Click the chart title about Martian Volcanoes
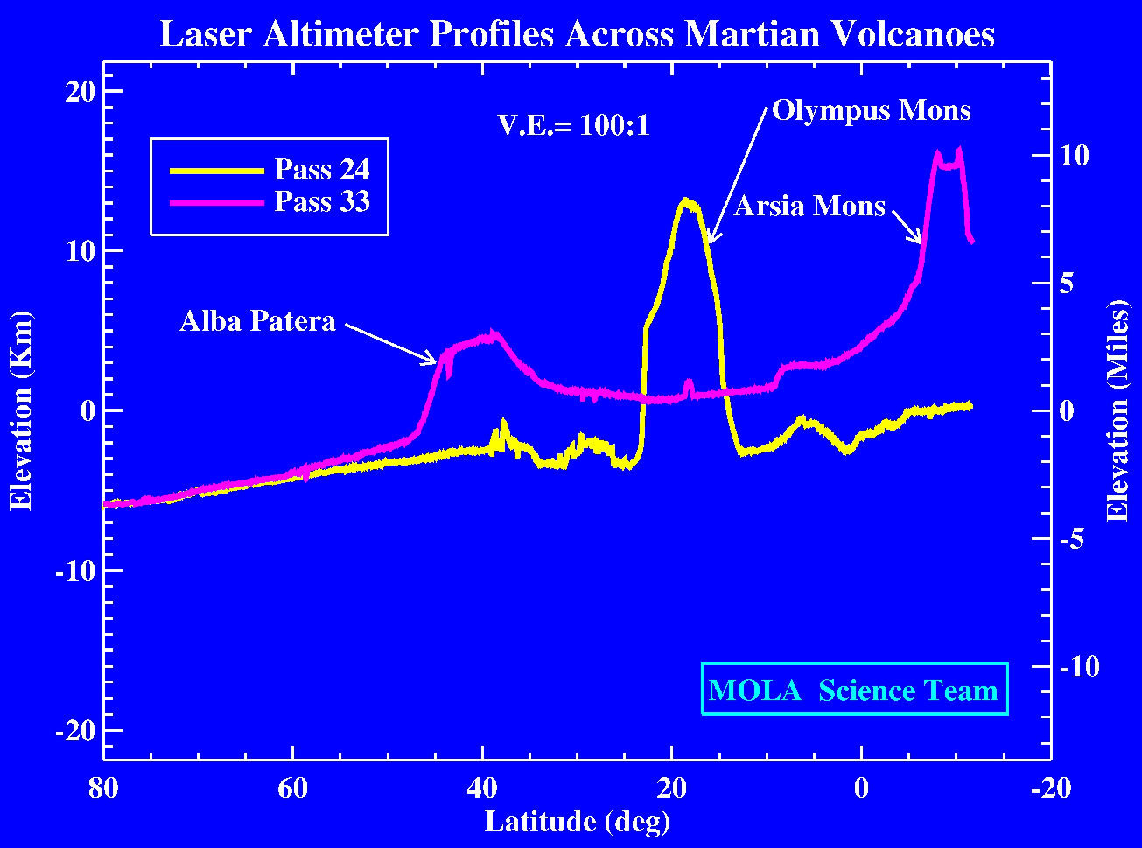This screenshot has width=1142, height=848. click(577, 35)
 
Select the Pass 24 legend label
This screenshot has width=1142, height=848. click(322, 168)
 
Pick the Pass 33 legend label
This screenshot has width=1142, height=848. click(322, 202)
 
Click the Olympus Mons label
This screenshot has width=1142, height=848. click(871, 111)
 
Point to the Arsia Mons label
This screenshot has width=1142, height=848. click(809, 206)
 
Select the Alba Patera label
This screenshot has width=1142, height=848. click(257, 321)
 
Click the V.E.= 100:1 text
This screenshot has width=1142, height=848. click(572, 126)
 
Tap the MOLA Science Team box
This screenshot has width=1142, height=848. click(853, 690)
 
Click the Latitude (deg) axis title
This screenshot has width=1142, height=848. click(577, 822)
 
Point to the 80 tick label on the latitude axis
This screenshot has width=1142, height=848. click(103, 787)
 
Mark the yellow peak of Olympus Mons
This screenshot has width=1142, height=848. click(688, 201)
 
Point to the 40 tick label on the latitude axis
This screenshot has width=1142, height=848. click(482, 787)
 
